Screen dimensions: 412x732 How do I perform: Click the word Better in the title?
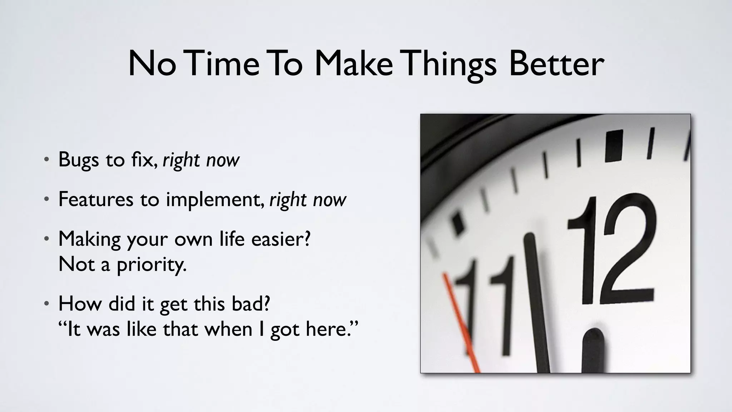(556, 64)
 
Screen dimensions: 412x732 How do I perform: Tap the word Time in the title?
(222, 64)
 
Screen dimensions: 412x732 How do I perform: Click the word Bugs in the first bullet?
(78, 160)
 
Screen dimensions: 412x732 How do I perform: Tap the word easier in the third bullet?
(281, 239)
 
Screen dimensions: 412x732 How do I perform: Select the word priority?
(152, 265)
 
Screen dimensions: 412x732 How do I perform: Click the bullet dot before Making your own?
(46, 239)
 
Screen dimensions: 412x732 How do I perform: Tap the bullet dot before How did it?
(46, 304)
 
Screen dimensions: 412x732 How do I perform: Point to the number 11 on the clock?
(486, 304)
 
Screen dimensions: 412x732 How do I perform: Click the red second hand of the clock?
(461, 322)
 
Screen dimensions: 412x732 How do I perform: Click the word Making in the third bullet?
(89, 239)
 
